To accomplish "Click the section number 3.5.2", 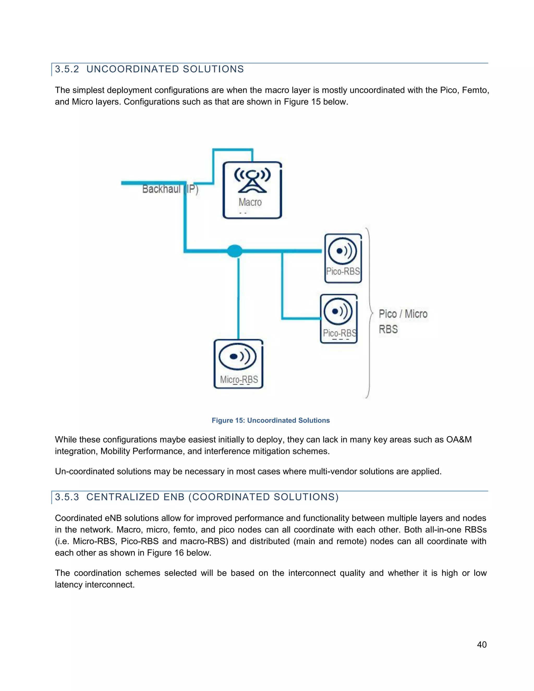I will pos(67,69).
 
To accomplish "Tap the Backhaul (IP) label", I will pos(170,189).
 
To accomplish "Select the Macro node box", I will pos(252,190).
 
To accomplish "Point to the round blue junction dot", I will pos(234,251).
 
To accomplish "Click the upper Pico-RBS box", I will pos(343,258).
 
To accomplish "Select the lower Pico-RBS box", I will pos(338,319).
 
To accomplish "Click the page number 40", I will pos(482,645).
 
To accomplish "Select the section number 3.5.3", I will pos(67,497).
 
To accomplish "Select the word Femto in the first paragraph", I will pos(475,90).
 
